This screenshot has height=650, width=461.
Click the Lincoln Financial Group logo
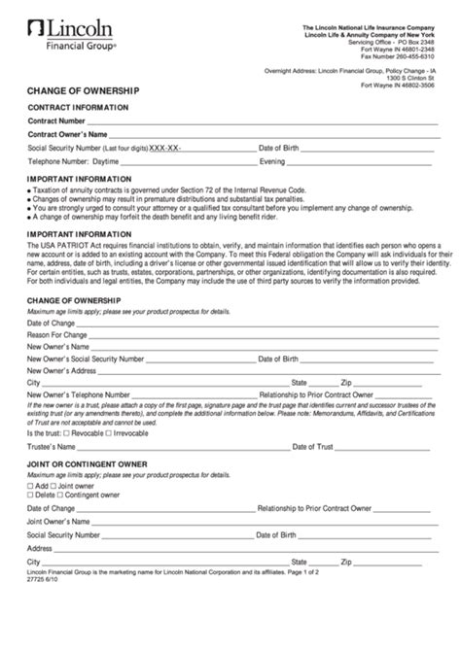[x=74, y=30]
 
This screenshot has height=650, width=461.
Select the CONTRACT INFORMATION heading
[x=77, y=106]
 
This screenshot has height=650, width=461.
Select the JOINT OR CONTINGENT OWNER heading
[x=87, y=464]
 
